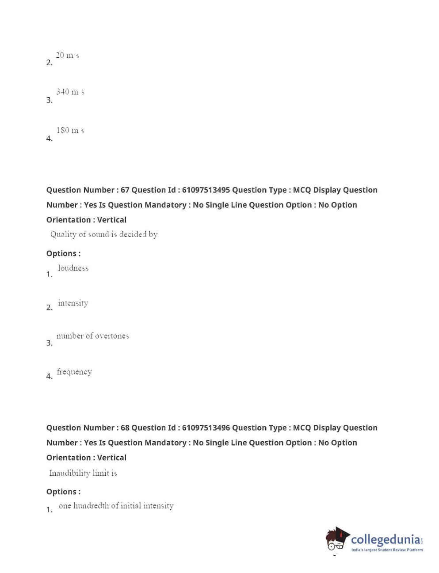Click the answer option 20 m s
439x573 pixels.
[x=67, y=56]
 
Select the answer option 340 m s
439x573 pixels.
[x=70, y=92]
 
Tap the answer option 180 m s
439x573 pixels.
[x=70, y=130]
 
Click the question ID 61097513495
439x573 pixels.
[x=206, y=190]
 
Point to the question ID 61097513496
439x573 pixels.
[x=206, y=428]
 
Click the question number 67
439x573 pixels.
[x=125, y=190]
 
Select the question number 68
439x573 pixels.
[x=125, y=428]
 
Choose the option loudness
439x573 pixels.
[x=73, y=268]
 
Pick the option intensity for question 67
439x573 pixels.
[x=73, y=303]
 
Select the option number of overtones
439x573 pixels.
[x=92, y=336]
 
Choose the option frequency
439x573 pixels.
[x=74, y=372]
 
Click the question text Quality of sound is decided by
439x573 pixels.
[x=104, y=234]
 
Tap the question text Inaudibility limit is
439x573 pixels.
[x=83, y=473]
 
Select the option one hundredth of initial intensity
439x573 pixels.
[x=116, y=506]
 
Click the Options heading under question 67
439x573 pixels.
[x=63, y=254]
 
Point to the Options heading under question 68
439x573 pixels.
[x=63, y=492]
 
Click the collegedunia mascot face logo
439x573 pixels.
[x=337, y=540]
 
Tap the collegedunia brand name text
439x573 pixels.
[x=386, y=540]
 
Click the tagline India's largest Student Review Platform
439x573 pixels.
[x=387, y=550]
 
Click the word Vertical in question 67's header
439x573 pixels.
[x=111, y=220]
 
